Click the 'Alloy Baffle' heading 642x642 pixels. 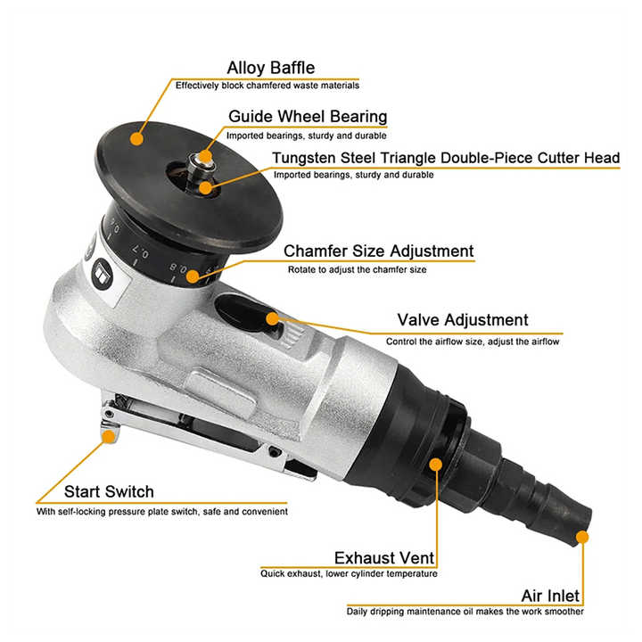tap(271, 68)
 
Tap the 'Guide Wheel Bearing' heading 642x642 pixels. tap(308, 117)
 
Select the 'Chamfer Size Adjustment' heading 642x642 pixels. tap(379, 251)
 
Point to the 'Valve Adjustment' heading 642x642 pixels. tap(462, 320)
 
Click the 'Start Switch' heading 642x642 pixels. tap(109, 492)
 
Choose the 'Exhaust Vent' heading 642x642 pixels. tap(384, 559)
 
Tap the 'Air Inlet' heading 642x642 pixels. tap(551, 596)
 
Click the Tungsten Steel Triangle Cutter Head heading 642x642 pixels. tap(447, 159)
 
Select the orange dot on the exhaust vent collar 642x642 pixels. tap(436, 464)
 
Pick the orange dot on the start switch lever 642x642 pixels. tap(110, 435)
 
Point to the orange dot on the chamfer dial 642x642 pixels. tap(193, 276)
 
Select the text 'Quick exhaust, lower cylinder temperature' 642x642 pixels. tap(349, 574)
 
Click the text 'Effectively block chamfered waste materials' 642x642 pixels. tap(267, 86)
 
